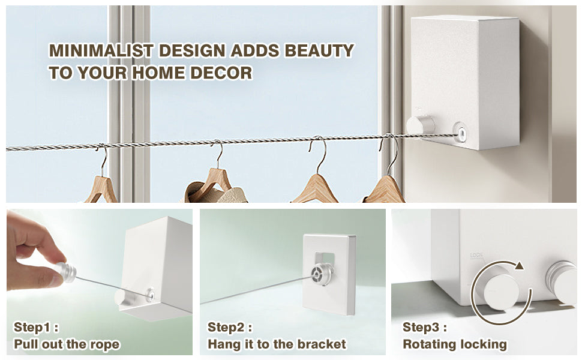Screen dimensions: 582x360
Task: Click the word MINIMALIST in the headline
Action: [101, 51]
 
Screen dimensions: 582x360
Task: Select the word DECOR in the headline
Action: [221, 73]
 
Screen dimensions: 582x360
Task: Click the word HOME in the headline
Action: [159, 73]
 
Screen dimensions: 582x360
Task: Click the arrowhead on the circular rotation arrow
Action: [520, 266]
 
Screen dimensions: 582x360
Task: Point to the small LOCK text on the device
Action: [476, 256]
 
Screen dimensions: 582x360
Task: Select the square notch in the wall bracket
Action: [325, 259]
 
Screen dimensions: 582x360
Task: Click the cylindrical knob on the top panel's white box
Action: [421, 125]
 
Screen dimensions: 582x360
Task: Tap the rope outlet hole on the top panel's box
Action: [461, 132]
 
